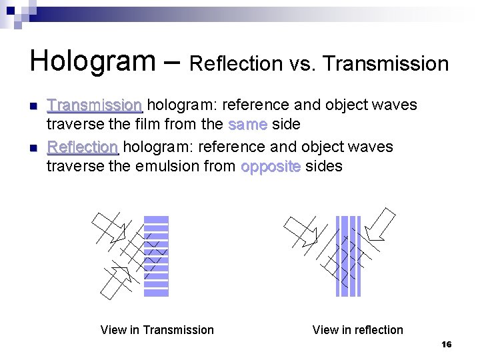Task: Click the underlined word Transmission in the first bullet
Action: coord(94,105)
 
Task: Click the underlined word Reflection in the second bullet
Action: coord(82,147)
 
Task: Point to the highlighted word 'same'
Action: coord(247,125)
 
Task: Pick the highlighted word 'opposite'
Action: coord(270,166)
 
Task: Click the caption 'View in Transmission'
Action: coord(157,330)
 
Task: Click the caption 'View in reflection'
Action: coord(357,330)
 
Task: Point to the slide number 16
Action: coord(446,345)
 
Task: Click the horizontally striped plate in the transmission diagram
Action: coord(157,255)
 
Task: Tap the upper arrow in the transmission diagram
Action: coord(109,227)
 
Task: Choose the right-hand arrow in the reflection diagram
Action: coord(380,223)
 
